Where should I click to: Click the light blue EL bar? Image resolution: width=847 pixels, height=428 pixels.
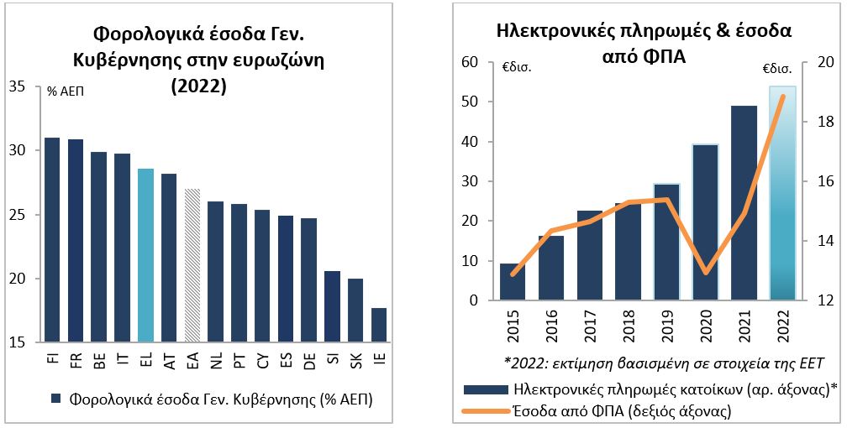click(x=145, y=256)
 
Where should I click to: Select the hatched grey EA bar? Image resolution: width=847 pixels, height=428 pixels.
click(x=192, y=266)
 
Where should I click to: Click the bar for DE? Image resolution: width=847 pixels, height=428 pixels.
click(x=308, y=280)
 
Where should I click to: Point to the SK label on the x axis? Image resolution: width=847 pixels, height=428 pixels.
click(x=355, y=360)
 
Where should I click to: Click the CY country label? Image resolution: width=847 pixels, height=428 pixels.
click(x=262, y=360)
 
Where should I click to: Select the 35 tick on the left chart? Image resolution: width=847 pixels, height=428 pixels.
click(x=18, y=86)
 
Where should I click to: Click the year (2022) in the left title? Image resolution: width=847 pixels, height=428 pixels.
click(x=199, y=86)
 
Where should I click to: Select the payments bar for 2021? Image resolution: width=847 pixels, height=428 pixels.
click(x=744, y=203)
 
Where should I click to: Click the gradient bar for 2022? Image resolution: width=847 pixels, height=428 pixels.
click(x=782, y=193)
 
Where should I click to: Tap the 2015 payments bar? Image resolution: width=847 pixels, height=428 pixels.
click(x=513, y=282)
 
